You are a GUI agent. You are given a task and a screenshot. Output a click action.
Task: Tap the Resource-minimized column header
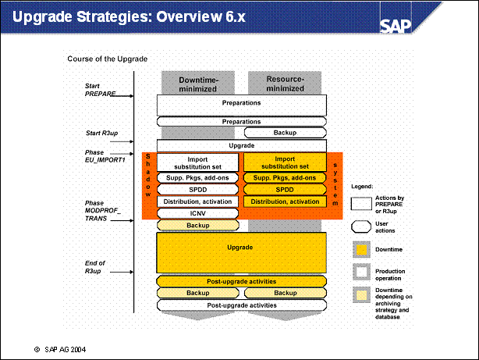(x=285, y=84)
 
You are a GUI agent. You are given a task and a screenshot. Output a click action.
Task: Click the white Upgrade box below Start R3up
(x=241, y=146)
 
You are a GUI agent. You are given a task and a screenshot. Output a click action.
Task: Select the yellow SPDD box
(x=285, y=190)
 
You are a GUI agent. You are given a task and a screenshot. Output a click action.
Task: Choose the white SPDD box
(x=197, y=190)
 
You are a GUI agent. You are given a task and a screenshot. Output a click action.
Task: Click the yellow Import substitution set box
(x=285, y=162)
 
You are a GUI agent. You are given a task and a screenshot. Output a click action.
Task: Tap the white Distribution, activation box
(x=197, y=201)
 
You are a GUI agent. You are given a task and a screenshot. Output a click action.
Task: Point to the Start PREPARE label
(x=100, y=90)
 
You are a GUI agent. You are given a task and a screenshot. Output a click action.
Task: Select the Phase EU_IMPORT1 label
(x=105, y=156)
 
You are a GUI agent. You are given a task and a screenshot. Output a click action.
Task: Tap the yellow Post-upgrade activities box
(x=241, y=281)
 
